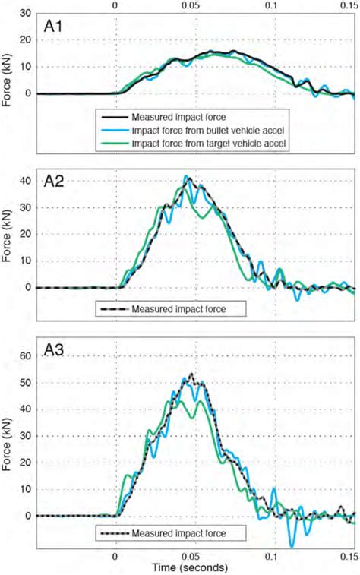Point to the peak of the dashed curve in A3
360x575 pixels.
pos(191,374)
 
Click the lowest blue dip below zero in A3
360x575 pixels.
pos(292,545)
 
